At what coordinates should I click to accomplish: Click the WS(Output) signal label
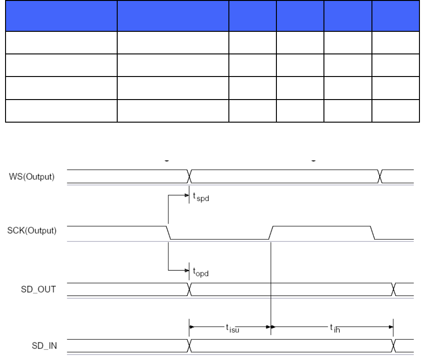click(x=33, y=177)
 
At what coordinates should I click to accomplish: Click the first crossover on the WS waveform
click(x=190, y=176)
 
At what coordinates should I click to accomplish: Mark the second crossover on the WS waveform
click(x=380, y=176)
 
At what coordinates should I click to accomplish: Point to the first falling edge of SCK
click(x=169, y=232)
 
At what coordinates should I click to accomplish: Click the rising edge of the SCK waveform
click(x=272, y=232)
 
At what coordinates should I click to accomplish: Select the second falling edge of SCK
click(x=373, y=232)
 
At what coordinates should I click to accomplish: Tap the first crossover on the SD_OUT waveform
click(x=190, y=289)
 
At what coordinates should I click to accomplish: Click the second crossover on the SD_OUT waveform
click(x=394, y=289)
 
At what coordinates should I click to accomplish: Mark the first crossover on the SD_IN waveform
click(x=190, y=345)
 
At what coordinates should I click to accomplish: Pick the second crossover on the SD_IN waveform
click(x=394, y=345)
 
